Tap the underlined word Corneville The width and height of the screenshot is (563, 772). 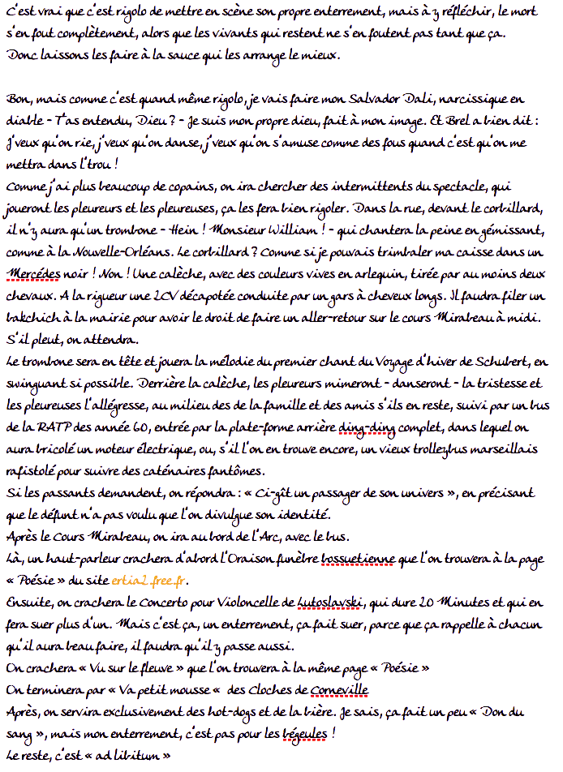pos(334,690)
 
